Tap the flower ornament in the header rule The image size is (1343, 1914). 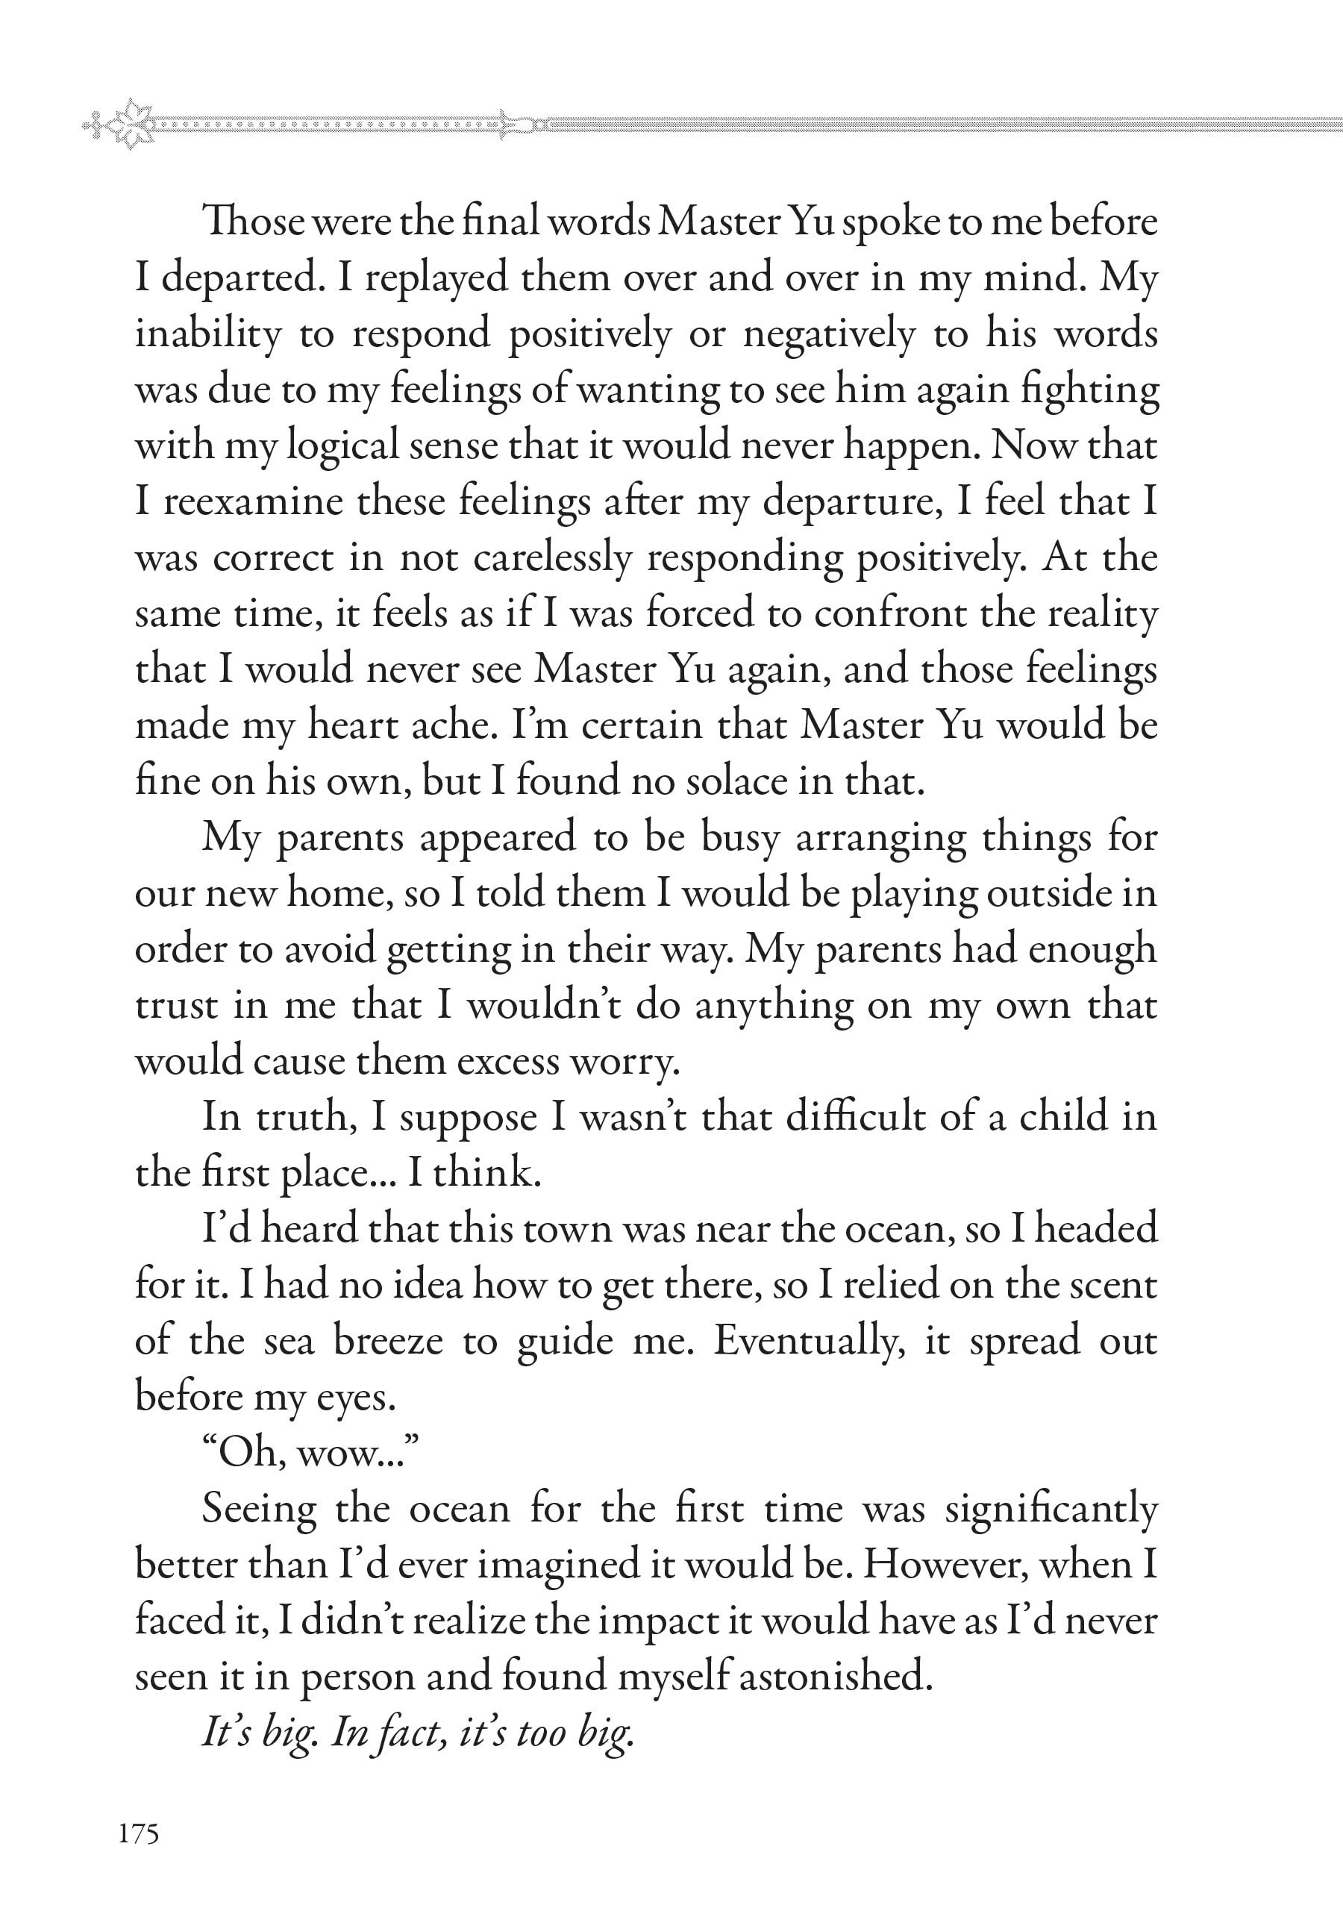(131, 124)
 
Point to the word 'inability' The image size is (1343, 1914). (208, 334)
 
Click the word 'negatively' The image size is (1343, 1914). (829, 334)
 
